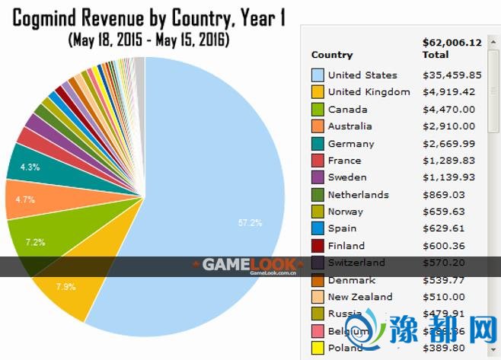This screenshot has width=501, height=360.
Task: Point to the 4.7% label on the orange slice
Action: (x=25, y=200)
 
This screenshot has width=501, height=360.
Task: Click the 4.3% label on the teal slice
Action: (x=31, y=167)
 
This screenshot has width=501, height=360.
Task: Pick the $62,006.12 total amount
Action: (x=452, y=43)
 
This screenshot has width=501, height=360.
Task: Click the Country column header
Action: (x=332, y=55)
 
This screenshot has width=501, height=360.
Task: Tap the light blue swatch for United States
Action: (x=318, y=75)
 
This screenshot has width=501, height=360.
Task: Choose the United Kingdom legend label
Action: (x=369, y=92)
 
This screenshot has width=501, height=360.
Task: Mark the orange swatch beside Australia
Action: (x=318, y=126)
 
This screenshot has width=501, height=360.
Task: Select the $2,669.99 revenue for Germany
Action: (x=449, y=143)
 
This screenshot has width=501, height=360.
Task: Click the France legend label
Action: (x=344, y=161)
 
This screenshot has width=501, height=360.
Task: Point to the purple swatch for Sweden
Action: (x=318, y=177)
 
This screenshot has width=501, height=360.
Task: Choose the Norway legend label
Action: (x=345, y=212)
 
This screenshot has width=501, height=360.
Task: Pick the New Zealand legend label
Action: (x=360, y=297)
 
